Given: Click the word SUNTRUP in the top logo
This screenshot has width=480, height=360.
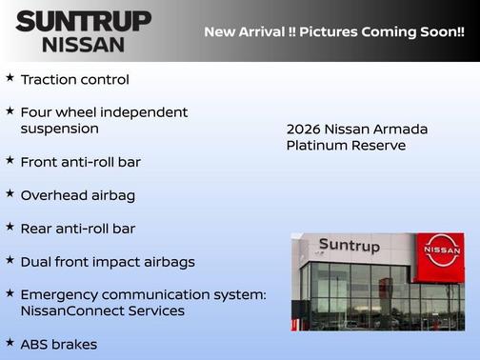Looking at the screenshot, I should click(84, 21).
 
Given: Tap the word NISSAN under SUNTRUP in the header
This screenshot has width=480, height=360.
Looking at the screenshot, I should click(84, 44).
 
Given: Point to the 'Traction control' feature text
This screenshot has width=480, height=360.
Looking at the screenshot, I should click(74, 80).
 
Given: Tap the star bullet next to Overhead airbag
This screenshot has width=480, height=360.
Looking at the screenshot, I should click(10, 193).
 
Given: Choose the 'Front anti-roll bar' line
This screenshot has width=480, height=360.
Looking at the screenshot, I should click(80, 162).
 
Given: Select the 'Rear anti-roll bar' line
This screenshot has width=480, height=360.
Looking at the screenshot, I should click(77, 229).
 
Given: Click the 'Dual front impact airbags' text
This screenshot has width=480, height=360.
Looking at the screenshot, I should click(107, 261).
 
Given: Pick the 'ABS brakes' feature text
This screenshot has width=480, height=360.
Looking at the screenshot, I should click(58, 344).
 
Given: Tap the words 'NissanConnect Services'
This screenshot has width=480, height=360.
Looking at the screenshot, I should click(102, 310).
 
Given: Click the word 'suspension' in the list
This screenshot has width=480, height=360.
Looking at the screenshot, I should click(59, 129).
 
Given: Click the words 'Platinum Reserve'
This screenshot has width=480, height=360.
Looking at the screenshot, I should click(346, 146).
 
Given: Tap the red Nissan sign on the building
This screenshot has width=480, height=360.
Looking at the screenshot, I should click(441, 250).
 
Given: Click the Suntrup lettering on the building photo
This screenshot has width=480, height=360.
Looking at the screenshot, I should click(349, 246).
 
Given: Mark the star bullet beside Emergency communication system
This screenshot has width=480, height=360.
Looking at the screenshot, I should click(10, 292).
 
